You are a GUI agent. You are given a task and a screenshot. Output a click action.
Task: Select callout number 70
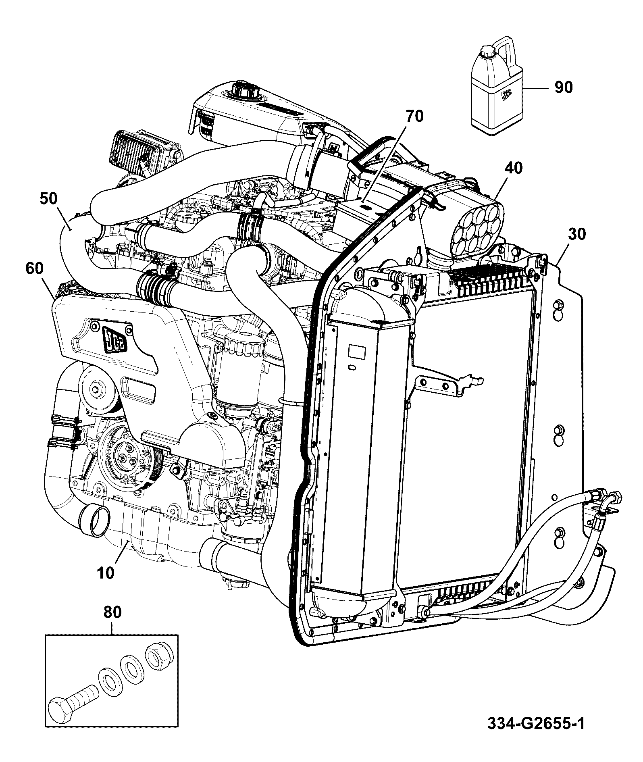(415, 117)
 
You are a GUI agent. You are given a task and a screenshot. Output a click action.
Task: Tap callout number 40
(513, 168)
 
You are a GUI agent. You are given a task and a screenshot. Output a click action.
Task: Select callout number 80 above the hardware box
(112, 624)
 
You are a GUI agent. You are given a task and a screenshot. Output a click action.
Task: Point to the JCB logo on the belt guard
(115, 338)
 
